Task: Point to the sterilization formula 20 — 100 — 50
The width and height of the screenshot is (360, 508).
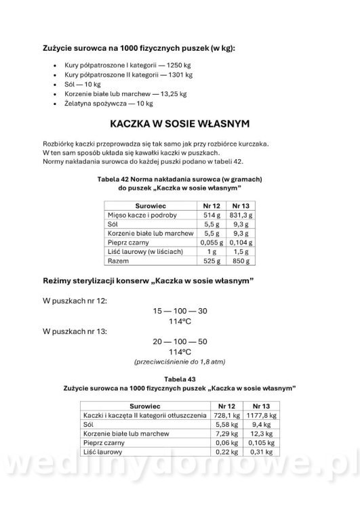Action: tap(180, 341)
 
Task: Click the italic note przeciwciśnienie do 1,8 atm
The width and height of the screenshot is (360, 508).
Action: tap(180, 362)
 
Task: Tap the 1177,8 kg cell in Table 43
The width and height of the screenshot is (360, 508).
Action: tap(261, 415)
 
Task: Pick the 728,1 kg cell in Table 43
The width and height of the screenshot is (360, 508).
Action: tap(223, 415)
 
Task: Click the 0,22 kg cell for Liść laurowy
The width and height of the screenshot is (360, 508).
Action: tap(225, 452)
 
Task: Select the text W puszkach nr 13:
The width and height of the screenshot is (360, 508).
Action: tap(74, 331)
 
